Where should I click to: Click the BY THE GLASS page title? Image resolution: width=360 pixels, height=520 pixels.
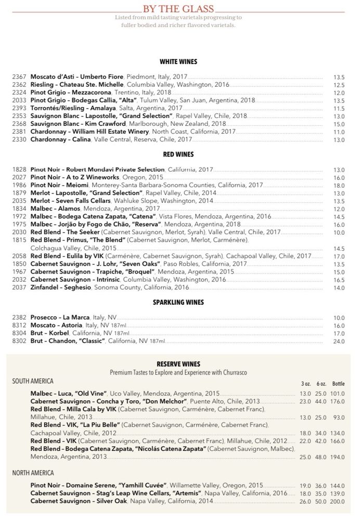179,9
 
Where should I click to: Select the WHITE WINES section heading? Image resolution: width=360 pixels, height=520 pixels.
178,61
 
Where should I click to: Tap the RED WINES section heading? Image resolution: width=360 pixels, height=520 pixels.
178,154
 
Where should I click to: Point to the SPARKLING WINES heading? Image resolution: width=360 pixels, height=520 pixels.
178,302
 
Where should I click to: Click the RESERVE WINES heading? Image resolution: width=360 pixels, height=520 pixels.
178,364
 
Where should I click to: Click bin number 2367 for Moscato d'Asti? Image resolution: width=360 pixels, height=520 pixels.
19,77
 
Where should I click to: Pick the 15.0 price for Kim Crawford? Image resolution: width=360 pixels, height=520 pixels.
339,124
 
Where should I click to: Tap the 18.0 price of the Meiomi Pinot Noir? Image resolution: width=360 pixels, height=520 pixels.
339,185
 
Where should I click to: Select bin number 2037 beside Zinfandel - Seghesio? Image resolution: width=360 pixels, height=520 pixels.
19,287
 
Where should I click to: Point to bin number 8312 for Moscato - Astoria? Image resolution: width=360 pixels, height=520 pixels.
19,325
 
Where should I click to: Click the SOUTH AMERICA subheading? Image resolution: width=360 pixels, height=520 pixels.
33,381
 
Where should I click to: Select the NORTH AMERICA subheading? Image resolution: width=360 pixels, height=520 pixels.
33,473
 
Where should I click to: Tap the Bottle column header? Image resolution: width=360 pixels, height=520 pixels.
338,384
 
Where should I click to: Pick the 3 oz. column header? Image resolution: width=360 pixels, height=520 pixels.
305,384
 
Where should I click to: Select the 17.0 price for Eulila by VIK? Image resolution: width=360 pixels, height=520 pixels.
339,256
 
